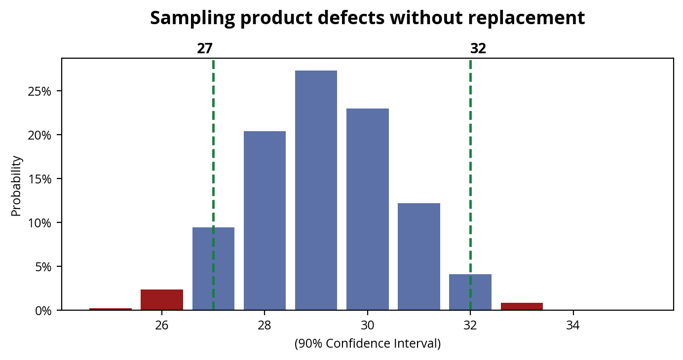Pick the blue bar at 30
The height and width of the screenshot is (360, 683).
367,209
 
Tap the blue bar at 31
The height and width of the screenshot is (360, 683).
419,256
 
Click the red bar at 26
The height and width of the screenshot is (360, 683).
162,300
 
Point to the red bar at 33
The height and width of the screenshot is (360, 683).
522,306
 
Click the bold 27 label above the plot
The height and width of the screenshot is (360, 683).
205,49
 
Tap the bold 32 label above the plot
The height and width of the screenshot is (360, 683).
478,49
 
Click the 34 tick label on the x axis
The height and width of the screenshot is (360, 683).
573,325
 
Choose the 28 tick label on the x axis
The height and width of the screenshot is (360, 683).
265,325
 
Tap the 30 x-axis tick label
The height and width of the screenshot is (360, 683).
367,325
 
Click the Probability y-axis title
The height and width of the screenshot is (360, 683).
16,185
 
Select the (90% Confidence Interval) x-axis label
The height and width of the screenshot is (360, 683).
367,344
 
